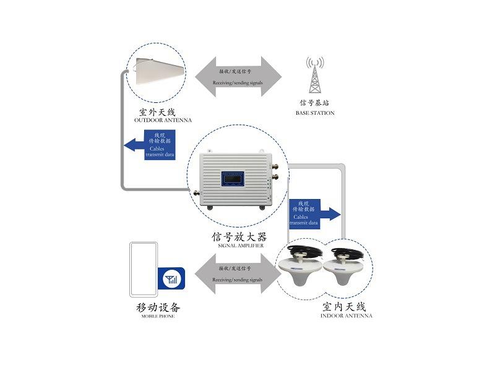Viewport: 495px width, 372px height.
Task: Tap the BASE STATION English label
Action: (x=316, y=113)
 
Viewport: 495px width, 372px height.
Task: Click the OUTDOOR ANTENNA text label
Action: (x=163, y=120)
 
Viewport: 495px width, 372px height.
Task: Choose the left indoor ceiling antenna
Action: (x=301, y=268)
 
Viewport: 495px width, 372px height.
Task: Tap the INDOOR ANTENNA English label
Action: (x=346, y=316)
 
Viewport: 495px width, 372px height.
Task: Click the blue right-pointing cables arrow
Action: (x=314, y=213)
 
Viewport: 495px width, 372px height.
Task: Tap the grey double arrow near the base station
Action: (x=238, y=77)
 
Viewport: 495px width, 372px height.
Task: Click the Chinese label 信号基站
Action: (x=315, y=102)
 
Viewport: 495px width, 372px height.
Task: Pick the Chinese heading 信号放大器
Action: (x=239, y=237)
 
